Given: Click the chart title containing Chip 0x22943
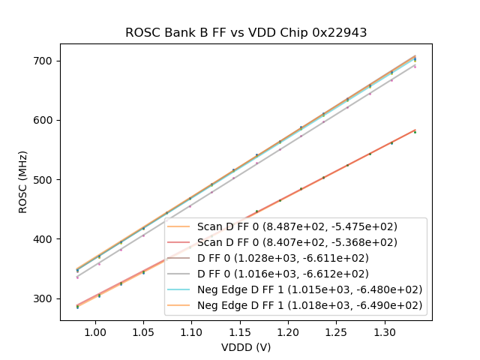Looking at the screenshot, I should [245, 32].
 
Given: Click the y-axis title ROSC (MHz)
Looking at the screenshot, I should [23, 180].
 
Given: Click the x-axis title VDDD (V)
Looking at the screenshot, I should [245, 347].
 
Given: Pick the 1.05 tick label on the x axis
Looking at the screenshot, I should [143, 331].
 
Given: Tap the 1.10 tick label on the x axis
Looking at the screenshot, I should [191, 331].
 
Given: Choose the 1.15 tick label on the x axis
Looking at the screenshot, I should [239, 331].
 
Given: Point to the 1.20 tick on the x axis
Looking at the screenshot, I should [288, 331].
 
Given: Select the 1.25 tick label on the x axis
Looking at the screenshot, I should [336, 331].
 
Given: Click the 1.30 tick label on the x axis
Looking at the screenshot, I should [384, 331].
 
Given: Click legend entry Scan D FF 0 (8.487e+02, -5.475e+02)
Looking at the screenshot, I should [297, 226].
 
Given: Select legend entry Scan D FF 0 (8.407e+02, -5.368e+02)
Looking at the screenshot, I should [297, 242].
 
